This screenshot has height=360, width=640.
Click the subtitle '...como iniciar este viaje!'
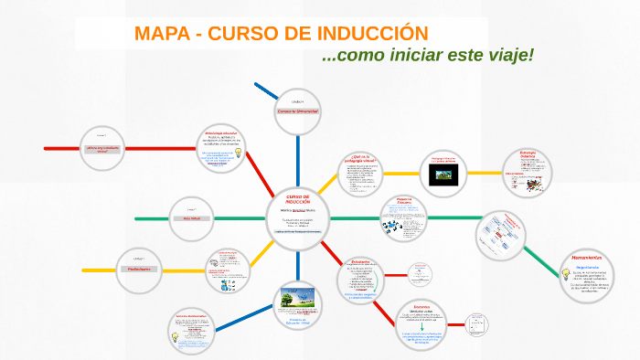(427, 56)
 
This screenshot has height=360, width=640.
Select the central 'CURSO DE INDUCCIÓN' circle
(298, 217)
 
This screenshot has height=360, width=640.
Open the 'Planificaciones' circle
(139, 270)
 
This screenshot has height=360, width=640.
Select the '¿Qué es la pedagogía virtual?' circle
(362, 171)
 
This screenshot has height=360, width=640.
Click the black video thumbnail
(443, 175)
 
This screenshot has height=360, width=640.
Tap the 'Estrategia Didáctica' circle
(528, 171)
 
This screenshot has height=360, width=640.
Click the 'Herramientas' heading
(584, 259)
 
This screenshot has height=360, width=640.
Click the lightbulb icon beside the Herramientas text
(567, 273)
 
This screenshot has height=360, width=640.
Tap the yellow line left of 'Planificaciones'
(97, 270)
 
